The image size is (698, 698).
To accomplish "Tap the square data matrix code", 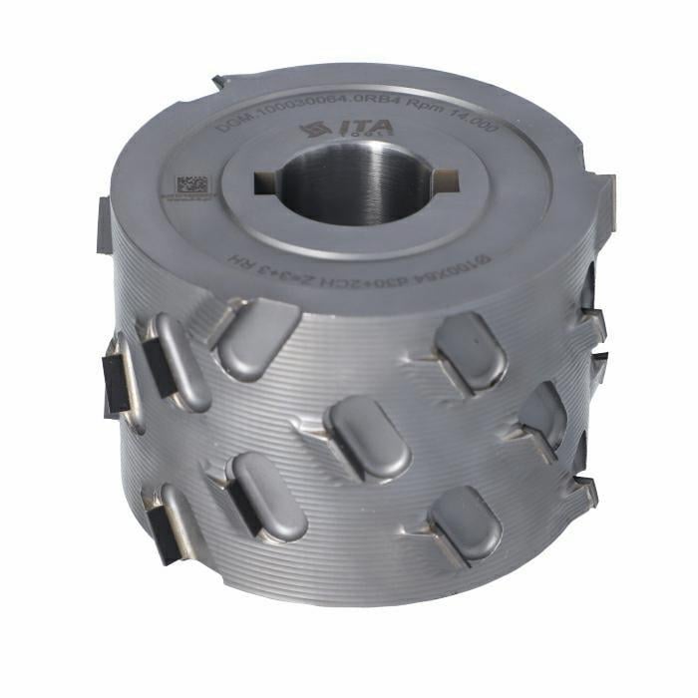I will pos(192,186).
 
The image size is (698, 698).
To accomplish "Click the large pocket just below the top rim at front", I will pos(256,337).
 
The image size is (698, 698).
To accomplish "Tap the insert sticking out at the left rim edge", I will pos(103,224).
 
